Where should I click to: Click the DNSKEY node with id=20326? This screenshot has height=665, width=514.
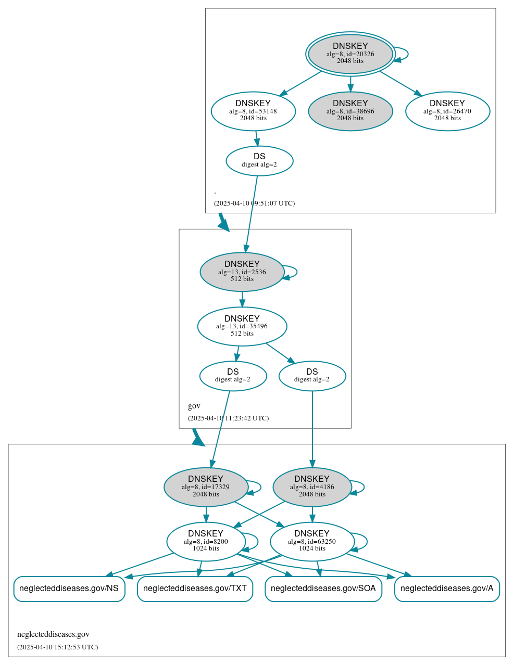click(x=350, y=54)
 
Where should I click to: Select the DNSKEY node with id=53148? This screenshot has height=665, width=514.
click(x=253, y=111)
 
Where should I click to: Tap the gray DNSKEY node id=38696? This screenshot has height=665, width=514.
click(x=350, y=111)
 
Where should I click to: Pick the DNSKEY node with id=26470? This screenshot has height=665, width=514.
click(x=447, y=111)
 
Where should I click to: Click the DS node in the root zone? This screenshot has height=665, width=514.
click(x=259, y=161)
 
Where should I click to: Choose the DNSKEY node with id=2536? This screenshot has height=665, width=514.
click(x=242, y=272)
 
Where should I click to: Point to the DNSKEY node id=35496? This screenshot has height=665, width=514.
click(x=242, y=326)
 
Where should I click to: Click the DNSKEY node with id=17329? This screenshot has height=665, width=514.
click(x=206, y=487)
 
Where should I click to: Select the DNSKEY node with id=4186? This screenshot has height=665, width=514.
click(x=312, y=487)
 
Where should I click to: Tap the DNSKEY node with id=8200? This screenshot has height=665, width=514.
click(x=206, y=541)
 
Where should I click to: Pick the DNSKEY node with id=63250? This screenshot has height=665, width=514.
click(x=312, y=541)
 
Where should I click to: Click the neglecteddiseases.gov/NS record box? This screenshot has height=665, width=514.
click(x=69, y=589)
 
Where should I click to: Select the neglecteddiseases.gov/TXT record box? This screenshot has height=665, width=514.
click(x=195, y=589)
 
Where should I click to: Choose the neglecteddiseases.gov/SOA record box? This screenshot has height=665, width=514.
click(x=323, y=589)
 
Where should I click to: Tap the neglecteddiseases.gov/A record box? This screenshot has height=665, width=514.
click(x=447, y=589)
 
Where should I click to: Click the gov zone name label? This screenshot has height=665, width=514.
click(x=194, y=406)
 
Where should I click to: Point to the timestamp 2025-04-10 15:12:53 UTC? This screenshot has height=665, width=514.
click(x=57, y=647)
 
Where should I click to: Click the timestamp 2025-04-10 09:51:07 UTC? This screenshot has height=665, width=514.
click(x=254, y=203)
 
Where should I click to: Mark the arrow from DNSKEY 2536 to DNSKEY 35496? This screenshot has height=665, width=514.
click(x=242, y=299)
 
